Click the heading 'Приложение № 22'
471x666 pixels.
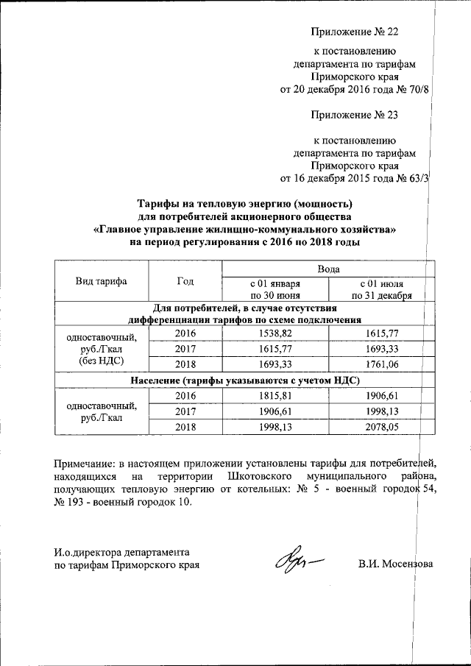[354, 32]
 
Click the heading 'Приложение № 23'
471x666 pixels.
[354, 115]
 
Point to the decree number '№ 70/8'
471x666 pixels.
[413, 91]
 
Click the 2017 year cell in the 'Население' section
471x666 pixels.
[185, 411]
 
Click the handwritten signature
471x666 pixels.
[298, 565]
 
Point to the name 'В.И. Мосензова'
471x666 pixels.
[396, 564]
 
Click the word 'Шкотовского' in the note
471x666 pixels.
[260, 478]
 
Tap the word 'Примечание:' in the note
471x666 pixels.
[89, 463]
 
